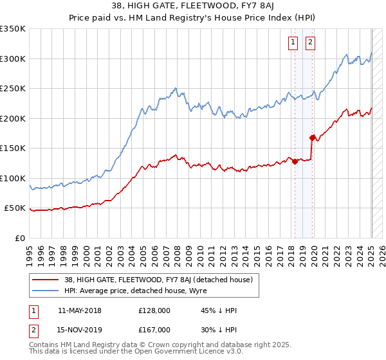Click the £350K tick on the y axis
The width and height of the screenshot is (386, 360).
(x=13, y=29)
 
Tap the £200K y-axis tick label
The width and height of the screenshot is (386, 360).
(x=13, y=118)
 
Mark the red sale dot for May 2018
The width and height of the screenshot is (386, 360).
(x=295, y=161)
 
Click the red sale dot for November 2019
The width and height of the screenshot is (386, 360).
(x=312, y=138)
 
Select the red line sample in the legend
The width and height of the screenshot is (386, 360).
(x=47, y=280)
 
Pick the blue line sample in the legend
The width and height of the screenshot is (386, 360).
(x=47, y=291)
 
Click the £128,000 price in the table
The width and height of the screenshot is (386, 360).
(x=154, y=310)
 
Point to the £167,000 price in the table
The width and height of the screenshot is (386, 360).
(x=154, y=330)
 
